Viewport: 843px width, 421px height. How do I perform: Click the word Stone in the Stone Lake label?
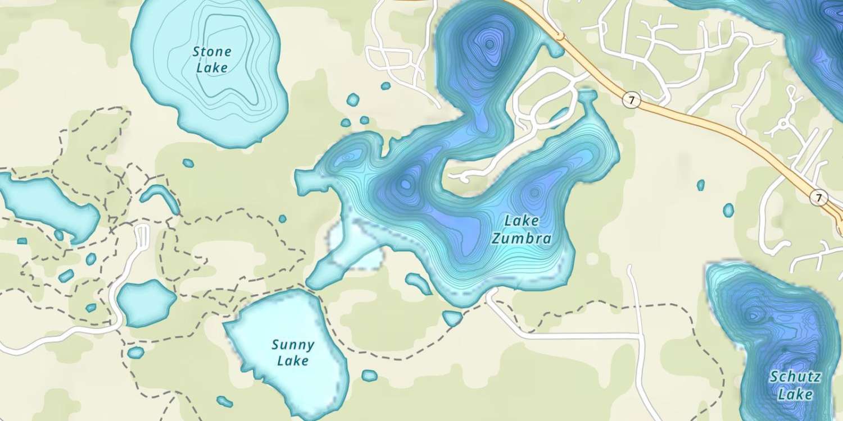(212, 52)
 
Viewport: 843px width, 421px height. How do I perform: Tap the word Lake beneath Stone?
(212, 68)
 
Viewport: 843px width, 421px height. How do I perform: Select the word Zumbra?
(521, 239)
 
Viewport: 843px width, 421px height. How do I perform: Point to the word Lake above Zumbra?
(521, 221)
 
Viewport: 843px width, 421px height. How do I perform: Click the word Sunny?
(293, 344)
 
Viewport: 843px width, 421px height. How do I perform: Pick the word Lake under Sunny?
(293, 360)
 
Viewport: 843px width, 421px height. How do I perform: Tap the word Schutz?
(795, 377)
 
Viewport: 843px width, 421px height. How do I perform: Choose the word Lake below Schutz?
(795, 394)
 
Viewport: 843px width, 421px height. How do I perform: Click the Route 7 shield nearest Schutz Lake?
(820, 198)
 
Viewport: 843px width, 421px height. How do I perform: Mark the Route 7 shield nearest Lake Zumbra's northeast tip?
(632, 100)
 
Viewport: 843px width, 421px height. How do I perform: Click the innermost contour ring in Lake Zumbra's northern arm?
(490, 44)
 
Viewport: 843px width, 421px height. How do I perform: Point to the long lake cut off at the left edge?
(45, 205)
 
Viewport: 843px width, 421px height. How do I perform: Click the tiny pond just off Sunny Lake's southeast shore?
(369, 376)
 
